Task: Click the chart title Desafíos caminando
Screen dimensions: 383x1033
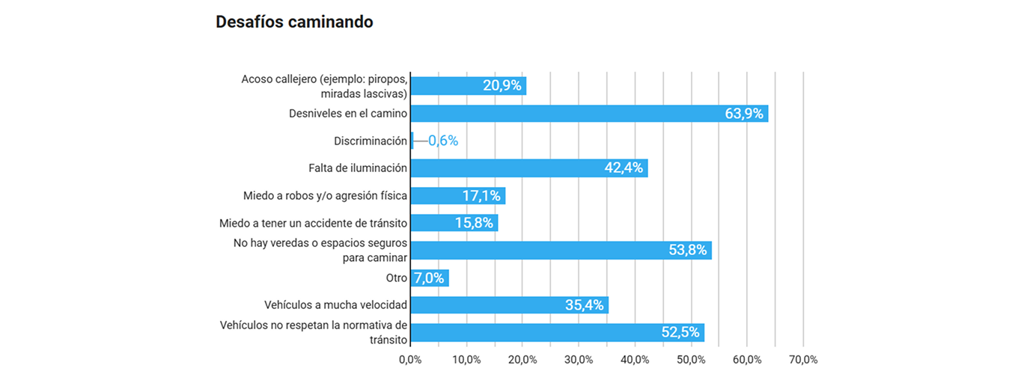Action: point(294,22)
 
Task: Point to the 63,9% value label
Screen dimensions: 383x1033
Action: point(744,114)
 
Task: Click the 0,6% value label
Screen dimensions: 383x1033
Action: point(443,141)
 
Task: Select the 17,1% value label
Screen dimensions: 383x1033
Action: point(481,196)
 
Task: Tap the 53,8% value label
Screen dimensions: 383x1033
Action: point(688,251)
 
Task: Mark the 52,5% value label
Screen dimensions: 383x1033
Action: point(680,333)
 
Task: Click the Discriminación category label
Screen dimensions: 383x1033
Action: point(371,141)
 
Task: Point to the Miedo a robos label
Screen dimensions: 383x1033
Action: point(325,196)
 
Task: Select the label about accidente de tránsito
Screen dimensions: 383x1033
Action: point(313,223)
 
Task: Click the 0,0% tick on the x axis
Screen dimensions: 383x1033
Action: point(410,360)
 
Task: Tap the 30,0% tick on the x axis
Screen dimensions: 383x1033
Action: point(579,360)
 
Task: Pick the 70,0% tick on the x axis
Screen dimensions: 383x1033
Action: point(803,360)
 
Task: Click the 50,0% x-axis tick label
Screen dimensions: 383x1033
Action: point(691,360)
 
